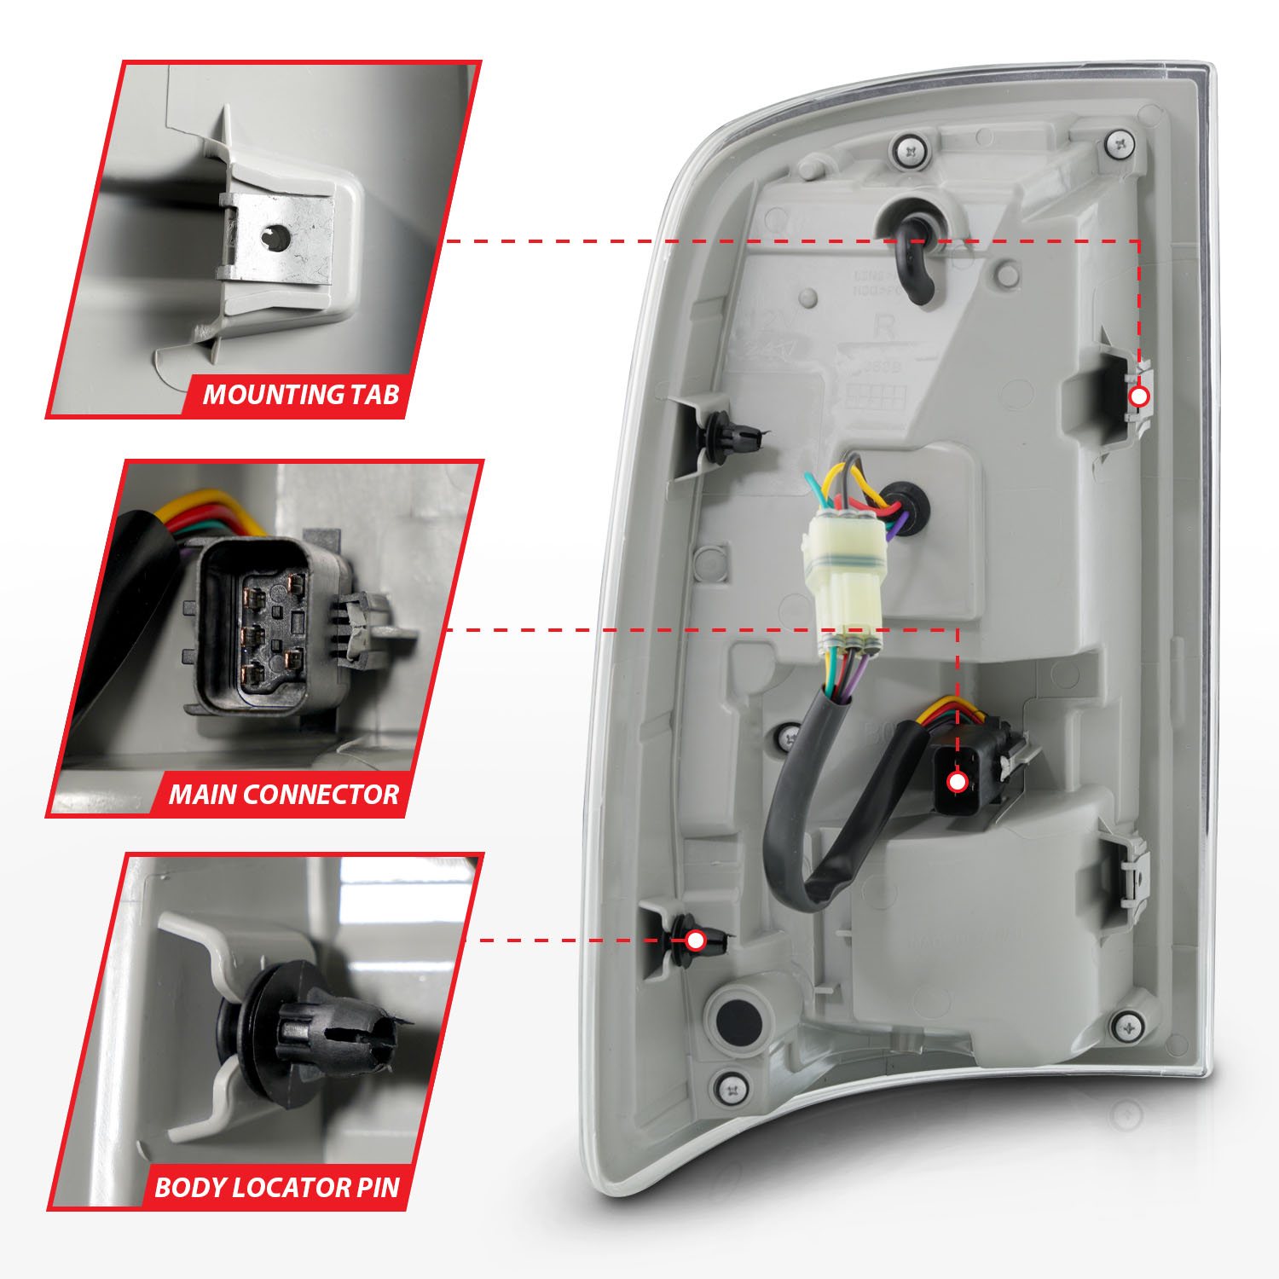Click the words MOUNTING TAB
pos(300,395)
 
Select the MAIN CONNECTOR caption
pos(283,795)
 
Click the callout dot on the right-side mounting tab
pos(1139,396)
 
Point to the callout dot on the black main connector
pos(957,782)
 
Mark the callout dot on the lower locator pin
pos(696,940)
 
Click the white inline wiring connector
pos(842,580)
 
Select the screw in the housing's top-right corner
pos(1120,144)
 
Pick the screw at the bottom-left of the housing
pos(732,1088)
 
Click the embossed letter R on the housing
pos(884,327)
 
